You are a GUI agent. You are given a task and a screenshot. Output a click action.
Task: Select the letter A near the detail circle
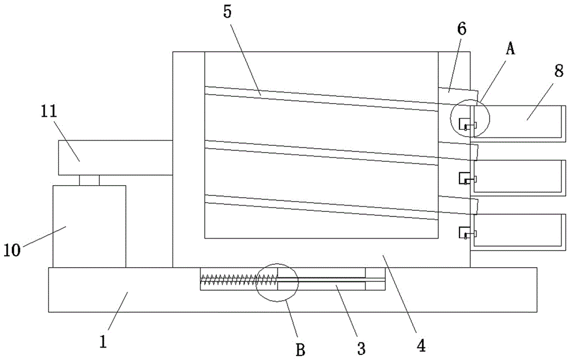point(511,50)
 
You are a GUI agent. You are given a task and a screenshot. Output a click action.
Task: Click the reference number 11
point(49,112)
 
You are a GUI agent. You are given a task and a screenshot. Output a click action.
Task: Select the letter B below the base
point(300,349)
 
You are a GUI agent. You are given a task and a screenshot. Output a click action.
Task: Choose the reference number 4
point(421,345)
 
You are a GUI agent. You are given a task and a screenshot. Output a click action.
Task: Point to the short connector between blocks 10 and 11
point(89,180)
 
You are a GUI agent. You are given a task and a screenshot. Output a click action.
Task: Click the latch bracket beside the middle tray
point(465,179)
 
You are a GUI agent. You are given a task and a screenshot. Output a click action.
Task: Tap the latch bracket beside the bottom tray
point(465,232)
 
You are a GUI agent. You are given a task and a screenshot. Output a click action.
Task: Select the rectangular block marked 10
point(89,226)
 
